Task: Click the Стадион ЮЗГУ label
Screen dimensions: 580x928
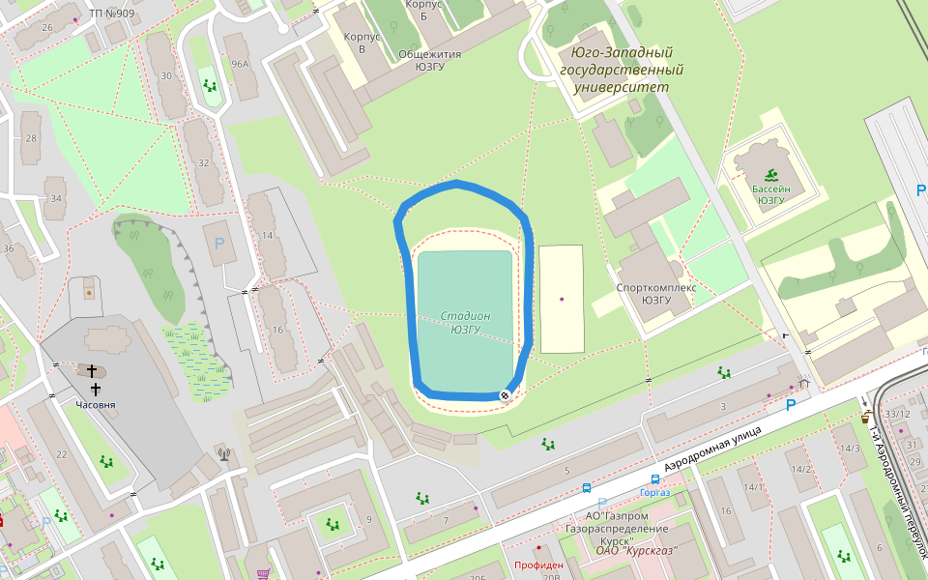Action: click(465, 322)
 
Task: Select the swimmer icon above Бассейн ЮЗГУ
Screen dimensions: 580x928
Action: click(770, 175)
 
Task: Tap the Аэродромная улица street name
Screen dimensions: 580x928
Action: click(706, 447)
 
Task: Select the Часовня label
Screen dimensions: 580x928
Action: click(96, 405)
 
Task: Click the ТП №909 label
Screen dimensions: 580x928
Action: click(111, 13)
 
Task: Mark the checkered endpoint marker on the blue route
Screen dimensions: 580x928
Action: click(505, 395)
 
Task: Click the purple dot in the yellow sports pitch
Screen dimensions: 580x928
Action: click(562, 299)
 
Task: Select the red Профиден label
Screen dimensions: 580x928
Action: click(538, 565)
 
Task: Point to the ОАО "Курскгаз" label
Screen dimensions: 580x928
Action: click(636, 552)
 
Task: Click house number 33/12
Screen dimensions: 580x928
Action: click(896, 415)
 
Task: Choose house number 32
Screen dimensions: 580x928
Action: click(203, 162)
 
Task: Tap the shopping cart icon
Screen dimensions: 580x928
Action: click(262, 573)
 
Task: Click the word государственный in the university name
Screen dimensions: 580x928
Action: click(622, 71)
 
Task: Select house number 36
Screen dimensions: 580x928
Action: click(9, 248)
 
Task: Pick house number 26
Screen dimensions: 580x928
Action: click(47, 27)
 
